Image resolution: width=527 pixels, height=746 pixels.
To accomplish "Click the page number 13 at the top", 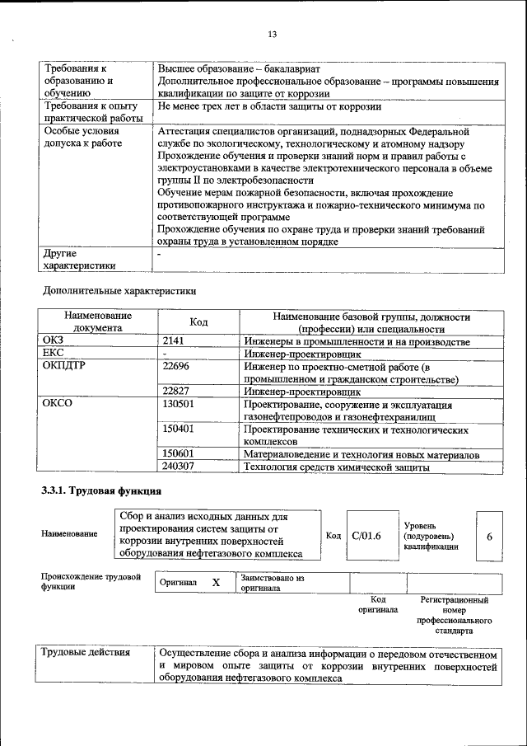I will pos(272,34).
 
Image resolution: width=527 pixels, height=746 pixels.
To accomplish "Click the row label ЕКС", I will pos(53,354).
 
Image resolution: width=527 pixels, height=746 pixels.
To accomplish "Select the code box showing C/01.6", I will pos(366,537).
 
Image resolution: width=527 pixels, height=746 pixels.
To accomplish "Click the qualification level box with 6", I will pos(489,537).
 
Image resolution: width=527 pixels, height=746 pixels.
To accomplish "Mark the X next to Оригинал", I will pos(216,583).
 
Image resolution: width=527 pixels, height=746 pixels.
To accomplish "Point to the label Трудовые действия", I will pos(86,653).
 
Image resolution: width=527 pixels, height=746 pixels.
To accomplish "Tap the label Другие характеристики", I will pos(79,259).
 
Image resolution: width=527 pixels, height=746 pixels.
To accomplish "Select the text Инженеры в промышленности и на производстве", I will pos(357,341).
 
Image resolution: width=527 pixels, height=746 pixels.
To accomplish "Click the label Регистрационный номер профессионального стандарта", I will pos(454,616).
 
